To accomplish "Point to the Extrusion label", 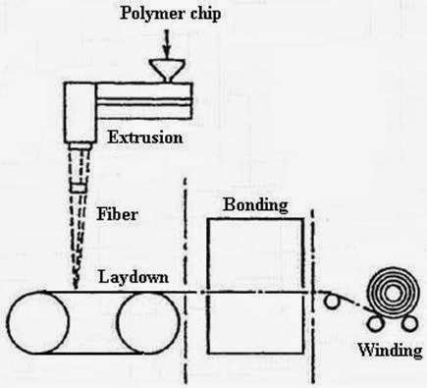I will [143, 138].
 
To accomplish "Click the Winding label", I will [391, 349].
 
